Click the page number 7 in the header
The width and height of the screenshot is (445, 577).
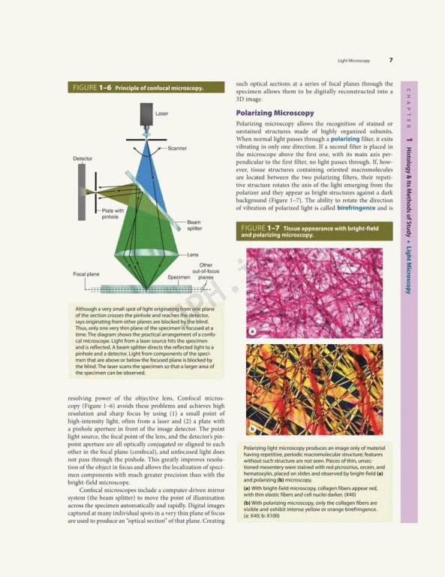[x=390, y=60]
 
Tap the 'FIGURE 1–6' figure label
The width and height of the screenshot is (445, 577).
[x=91, y=88]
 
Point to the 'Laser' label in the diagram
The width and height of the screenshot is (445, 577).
[x=161, y=113]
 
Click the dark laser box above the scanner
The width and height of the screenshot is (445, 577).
[x=146, y=116]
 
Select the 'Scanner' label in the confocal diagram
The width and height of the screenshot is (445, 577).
[x=177, y=148]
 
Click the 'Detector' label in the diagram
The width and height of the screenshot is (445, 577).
[x=83, y=159]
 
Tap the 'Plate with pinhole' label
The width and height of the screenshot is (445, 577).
[x=113, y=214]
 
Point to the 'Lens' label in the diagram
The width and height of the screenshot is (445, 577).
[x=193, y=255]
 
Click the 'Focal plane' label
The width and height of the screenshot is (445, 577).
[x=86, y=274]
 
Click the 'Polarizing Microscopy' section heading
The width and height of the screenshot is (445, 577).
[x=275, y=113]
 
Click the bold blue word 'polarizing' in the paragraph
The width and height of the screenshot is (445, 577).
[x=345, y=139]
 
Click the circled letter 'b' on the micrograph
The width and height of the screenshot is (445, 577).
[x=252, y=429]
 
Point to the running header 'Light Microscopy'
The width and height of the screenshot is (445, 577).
[x=353, y=60]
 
